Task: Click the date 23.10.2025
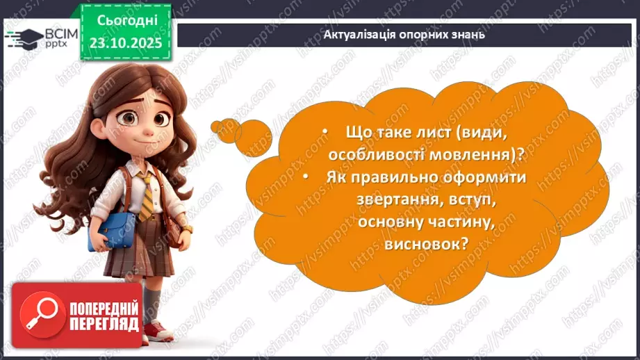[125, 42]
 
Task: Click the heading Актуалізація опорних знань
[405, 34]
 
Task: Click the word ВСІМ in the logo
[59, 33]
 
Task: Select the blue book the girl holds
[112, 229]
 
